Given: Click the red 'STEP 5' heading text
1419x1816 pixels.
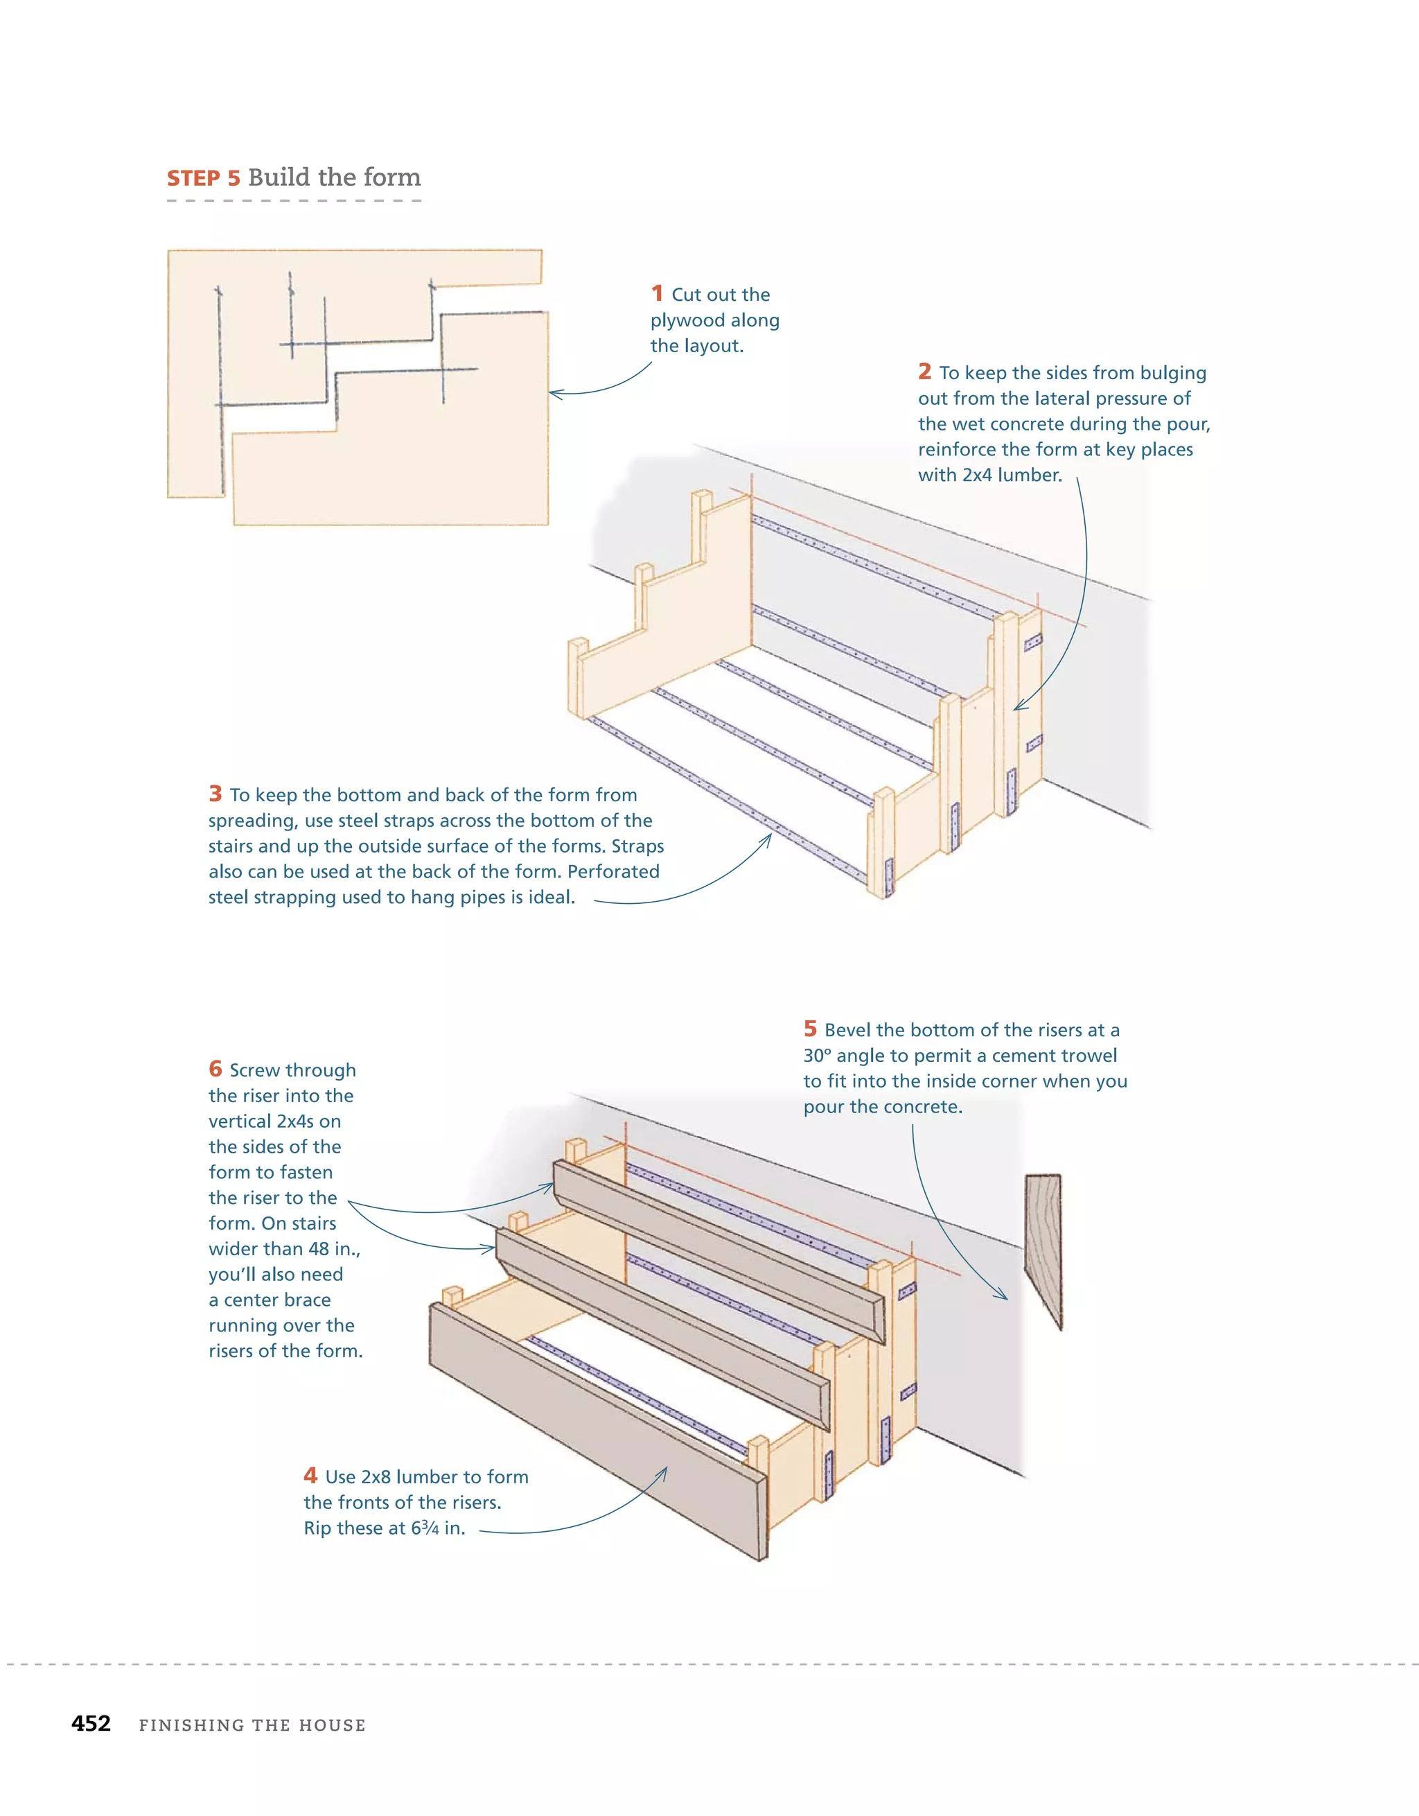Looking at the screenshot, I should [x=203, y=179].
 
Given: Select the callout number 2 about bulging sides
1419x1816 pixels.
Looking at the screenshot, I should [x=924, y=372].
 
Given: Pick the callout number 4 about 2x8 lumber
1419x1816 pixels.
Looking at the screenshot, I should [x=310, y=1475].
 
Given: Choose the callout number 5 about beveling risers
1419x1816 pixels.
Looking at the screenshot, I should [x=810, y=1029].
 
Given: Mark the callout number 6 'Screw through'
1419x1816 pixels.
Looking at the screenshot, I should [x=215, y=1069].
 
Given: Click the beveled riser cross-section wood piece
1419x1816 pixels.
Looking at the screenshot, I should [x=1044, y=1247].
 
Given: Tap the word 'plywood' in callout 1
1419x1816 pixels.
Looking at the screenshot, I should [x=687, y=320].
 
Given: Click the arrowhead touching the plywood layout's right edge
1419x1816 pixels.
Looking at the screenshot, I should [x=554, y=393].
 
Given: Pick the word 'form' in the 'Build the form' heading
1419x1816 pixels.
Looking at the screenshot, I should [x=391, y=177].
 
